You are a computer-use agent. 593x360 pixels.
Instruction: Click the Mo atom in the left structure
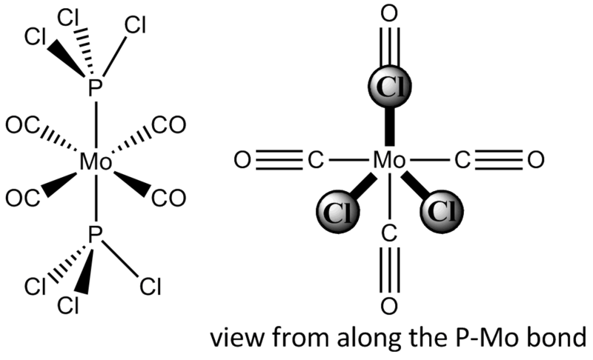(96, 162)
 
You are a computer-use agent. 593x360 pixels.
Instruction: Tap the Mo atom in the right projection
(389, 160)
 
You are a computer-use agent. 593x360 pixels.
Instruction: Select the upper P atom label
(96, 88)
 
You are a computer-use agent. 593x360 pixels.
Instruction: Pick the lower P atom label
(96, 234)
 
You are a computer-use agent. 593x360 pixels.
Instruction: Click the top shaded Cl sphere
(389, 86)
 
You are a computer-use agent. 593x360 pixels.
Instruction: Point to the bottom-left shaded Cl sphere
(338, 212)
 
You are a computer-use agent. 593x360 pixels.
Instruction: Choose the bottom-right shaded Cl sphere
(441, 212)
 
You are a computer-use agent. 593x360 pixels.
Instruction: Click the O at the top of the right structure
(389, 13)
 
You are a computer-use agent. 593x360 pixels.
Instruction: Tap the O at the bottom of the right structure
(389, 306)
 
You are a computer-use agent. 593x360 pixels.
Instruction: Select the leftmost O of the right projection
(242, 160)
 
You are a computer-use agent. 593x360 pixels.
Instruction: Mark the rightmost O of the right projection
(535, 160)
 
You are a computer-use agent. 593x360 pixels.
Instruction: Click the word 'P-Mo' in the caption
(484, 337)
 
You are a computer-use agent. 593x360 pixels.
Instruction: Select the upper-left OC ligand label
(22, 125)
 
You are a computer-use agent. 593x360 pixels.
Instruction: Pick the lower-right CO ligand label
(169, 199)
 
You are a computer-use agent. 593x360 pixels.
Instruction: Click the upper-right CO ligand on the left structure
(169, 125)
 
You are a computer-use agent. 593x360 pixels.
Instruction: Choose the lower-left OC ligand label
(22, 199)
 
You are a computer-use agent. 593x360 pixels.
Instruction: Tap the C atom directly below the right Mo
(389, 233)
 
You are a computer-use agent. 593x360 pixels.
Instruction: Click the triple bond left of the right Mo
(279, 160)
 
